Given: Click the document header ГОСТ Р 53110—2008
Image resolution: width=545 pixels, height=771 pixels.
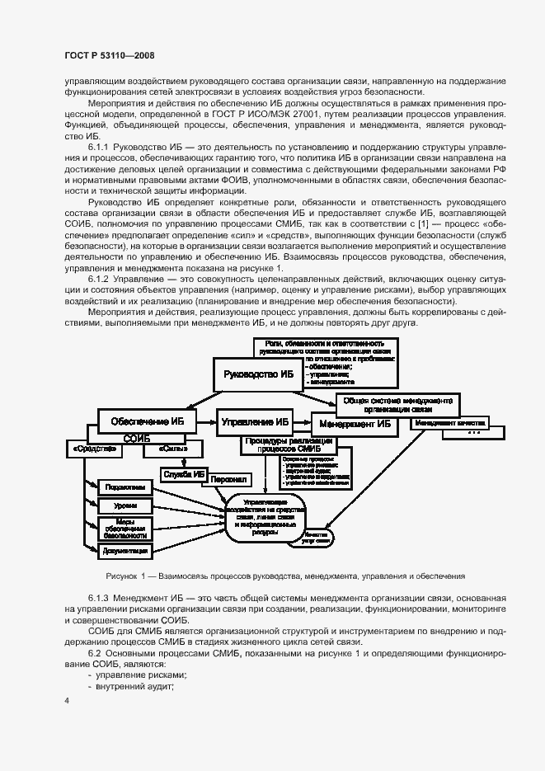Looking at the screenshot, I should click(109, 55).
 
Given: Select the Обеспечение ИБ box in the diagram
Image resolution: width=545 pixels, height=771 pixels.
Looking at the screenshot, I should click(147, 421).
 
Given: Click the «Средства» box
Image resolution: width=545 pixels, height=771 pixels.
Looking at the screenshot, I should click(92, 449).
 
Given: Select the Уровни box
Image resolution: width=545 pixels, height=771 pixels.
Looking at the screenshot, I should click(126, 505).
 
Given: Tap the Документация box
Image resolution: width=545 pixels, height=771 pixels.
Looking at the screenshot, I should click(126, 550).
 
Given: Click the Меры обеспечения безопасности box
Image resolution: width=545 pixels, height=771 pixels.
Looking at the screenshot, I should click(126, 527).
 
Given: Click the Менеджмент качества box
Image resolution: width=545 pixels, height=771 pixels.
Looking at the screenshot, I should click(450, 423).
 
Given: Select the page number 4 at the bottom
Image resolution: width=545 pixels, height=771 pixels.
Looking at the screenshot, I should click(66, 701).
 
